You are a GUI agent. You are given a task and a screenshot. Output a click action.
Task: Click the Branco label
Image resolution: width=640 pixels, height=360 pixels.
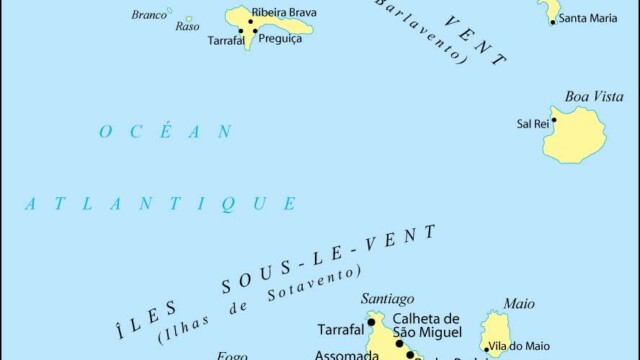(x=149, y=15)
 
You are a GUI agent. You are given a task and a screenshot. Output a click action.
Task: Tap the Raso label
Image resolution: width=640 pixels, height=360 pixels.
(x=187, y=26)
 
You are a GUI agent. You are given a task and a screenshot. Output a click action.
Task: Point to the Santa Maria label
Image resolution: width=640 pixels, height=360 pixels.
(x=587, y=19)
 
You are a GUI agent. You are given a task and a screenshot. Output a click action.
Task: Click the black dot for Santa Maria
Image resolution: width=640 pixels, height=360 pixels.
(x=552, y=20)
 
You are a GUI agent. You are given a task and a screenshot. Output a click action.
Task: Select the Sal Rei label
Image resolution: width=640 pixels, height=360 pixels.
(x=531, y=124)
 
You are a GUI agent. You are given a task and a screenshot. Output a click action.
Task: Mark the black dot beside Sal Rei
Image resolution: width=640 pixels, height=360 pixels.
(x=554, y=120)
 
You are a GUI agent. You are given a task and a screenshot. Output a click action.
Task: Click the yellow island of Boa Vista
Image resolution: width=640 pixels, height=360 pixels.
(x=577, y=137)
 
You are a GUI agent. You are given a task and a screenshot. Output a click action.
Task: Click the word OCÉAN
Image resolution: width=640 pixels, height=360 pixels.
(x=165, y=131)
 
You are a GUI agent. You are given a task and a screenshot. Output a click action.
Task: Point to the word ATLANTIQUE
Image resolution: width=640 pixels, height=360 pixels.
(x=160, y=204)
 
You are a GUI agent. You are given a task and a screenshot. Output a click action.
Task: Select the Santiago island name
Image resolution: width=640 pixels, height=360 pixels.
(x=388, y=298)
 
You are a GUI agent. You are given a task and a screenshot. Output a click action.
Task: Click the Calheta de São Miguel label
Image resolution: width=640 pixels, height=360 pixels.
(x=426, y=325)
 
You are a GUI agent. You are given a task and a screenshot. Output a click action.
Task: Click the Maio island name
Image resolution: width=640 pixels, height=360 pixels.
(x=519, y=304)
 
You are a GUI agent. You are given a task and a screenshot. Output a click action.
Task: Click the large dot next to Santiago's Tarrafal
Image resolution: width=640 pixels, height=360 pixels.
(x=371, y=322)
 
